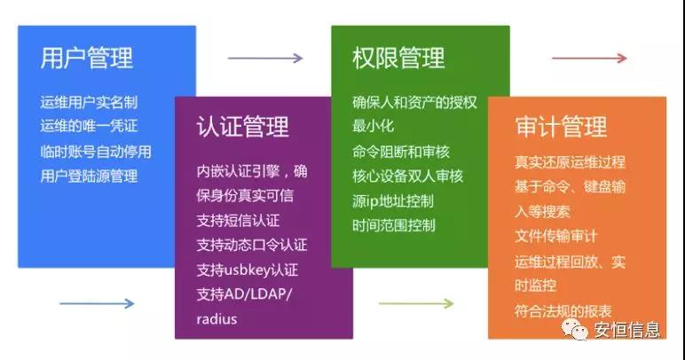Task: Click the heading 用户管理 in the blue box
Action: pyautogui.click(x=87, y=59)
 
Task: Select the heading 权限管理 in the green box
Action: pyautogui.click(x=398, y=59)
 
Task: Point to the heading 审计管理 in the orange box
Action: pyautogui.click(x=560, y=128)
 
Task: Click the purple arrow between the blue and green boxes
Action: pyautogui.click(x=265, y=59)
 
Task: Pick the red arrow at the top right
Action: pyautogui.click(x=589, y=59)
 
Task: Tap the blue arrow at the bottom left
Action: pyautogui.click(x=97, y=304)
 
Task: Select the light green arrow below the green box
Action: pyautogui.click(x=416, y=304)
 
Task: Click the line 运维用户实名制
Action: pyautogui.click(x=89, y=102)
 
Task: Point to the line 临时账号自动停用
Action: pyautogui.click(x=96, y=152)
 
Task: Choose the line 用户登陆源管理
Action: pyautogui.click(x=89, y=176)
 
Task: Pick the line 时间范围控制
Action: pyautogui.click(x=394, y=225)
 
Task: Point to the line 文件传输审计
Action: pyautogui.click(x=556, y=237)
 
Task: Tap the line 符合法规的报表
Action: pyautogui.click(x=563, y=310)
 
